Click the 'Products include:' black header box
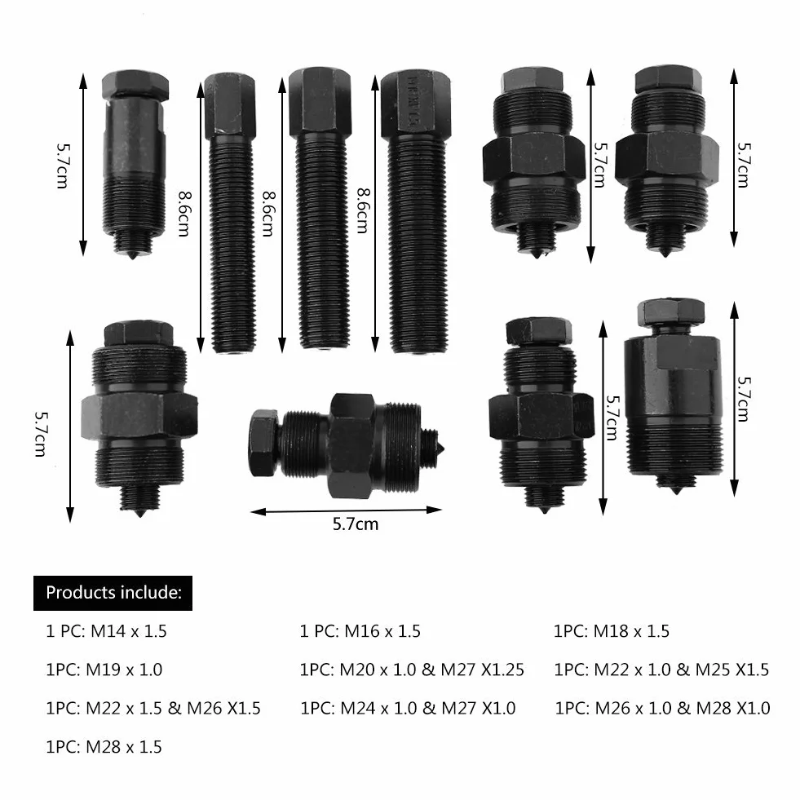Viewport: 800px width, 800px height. click(x=113, y=593)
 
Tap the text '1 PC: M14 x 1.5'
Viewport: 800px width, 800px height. click(x=106, y=631)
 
